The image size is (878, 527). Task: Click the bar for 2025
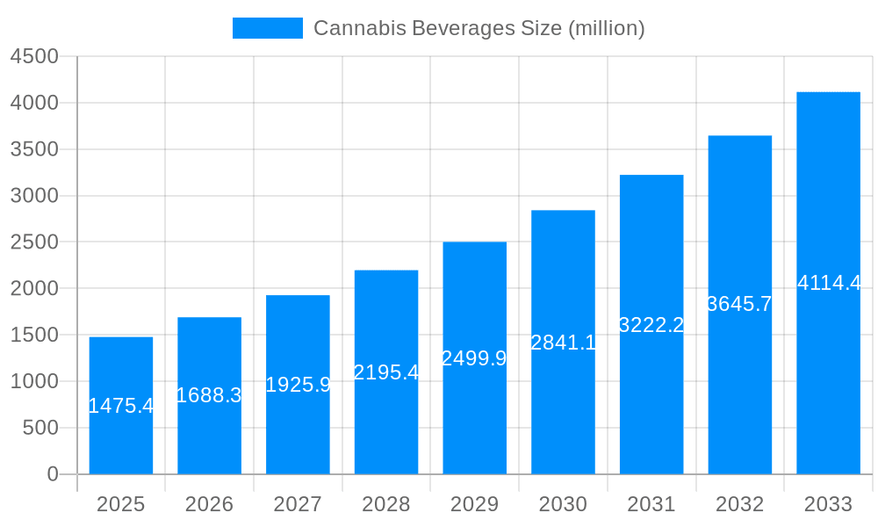(x=121, y=406)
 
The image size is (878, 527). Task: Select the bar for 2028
(x=386, y=372)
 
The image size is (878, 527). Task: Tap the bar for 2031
(x=651, y=325)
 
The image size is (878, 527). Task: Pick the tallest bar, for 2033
(x=828, y=283)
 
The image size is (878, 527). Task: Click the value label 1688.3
(x=209, y=395)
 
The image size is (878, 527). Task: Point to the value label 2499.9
(x=474, y=358)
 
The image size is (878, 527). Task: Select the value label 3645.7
(x=739, y=304)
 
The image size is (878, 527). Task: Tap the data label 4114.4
(x=829, y=283)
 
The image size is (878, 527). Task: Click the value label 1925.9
(x=298, y=385)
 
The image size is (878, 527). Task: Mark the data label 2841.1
(x=563, y=343)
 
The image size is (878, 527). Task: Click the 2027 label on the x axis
(x=298, y=504)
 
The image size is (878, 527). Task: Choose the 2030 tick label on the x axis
(x=563, y=504)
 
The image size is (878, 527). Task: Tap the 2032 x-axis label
(x=739, y=504)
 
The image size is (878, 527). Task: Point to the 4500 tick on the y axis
(x=34, y=56)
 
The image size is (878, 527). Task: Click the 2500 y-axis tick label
(x=34, y=242)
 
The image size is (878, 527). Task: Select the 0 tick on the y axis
(x=52, y=474)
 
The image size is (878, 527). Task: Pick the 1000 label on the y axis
(x=34, y=381)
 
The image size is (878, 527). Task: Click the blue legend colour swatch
(x=267, y=28)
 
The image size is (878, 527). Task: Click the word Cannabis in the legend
(x=349, y=28)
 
